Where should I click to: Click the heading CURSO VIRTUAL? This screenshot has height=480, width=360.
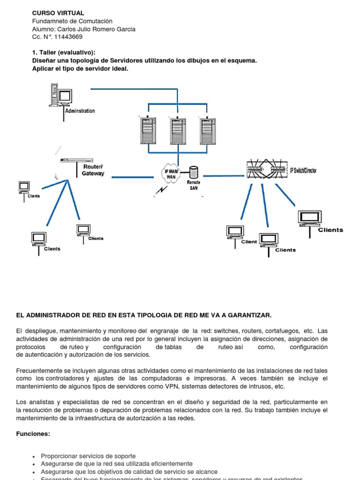pyautogui.click(x=58, y=13)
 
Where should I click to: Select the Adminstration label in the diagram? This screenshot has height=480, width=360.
pyautogui.click(x=80, y=111)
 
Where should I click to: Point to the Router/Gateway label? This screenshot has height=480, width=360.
pyautogui.click(x=93, y=170)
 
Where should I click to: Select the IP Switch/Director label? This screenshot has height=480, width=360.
pyautogui.click(x=303, y=170)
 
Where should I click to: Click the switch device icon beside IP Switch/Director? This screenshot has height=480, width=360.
pyautogui.click(x=266, y=169)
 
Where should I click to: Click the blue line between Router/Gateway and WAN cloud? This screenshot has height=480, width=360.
pyautogui.click(x=133, y=177)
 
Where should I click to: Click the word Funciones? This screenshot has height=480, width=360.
pyautogui.click(x=33, y=434)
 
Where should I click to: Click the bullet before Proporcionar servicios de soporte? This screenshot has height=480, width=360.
pyautogui.click(x=34, y=456)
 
